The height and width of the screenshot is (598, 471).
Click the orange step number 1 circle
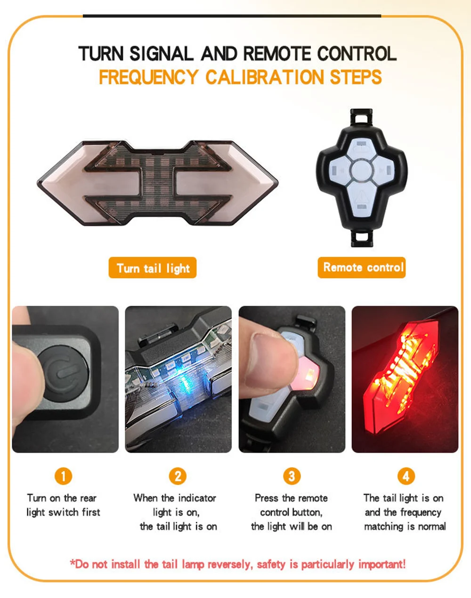(63, 476)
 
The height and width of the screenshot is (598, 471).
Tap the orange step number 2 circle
(178, 476)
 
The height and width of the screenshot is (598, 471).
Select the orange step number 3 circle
(292, 476)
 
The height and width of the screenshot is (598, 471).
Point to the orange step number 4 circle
(406, 476)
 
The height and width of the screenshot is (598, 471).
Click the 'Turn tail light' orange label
(153, 268)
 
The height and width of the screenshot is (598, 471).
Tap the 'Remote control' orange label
(362, 267)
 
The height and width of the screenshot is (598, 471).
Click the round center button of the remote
(361, 170)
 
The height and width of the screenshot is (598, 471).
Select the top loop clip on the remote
(361, 117)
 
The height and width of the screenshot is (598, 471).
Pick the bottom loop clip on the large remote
(361, 238)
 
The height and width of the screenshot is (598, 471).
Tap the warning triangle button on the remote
(362, 197)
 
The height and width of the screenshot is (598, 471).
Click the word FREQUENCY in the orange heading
(148, 77)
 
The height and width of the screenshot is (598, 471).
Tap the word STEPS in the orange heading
(356, 77)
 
